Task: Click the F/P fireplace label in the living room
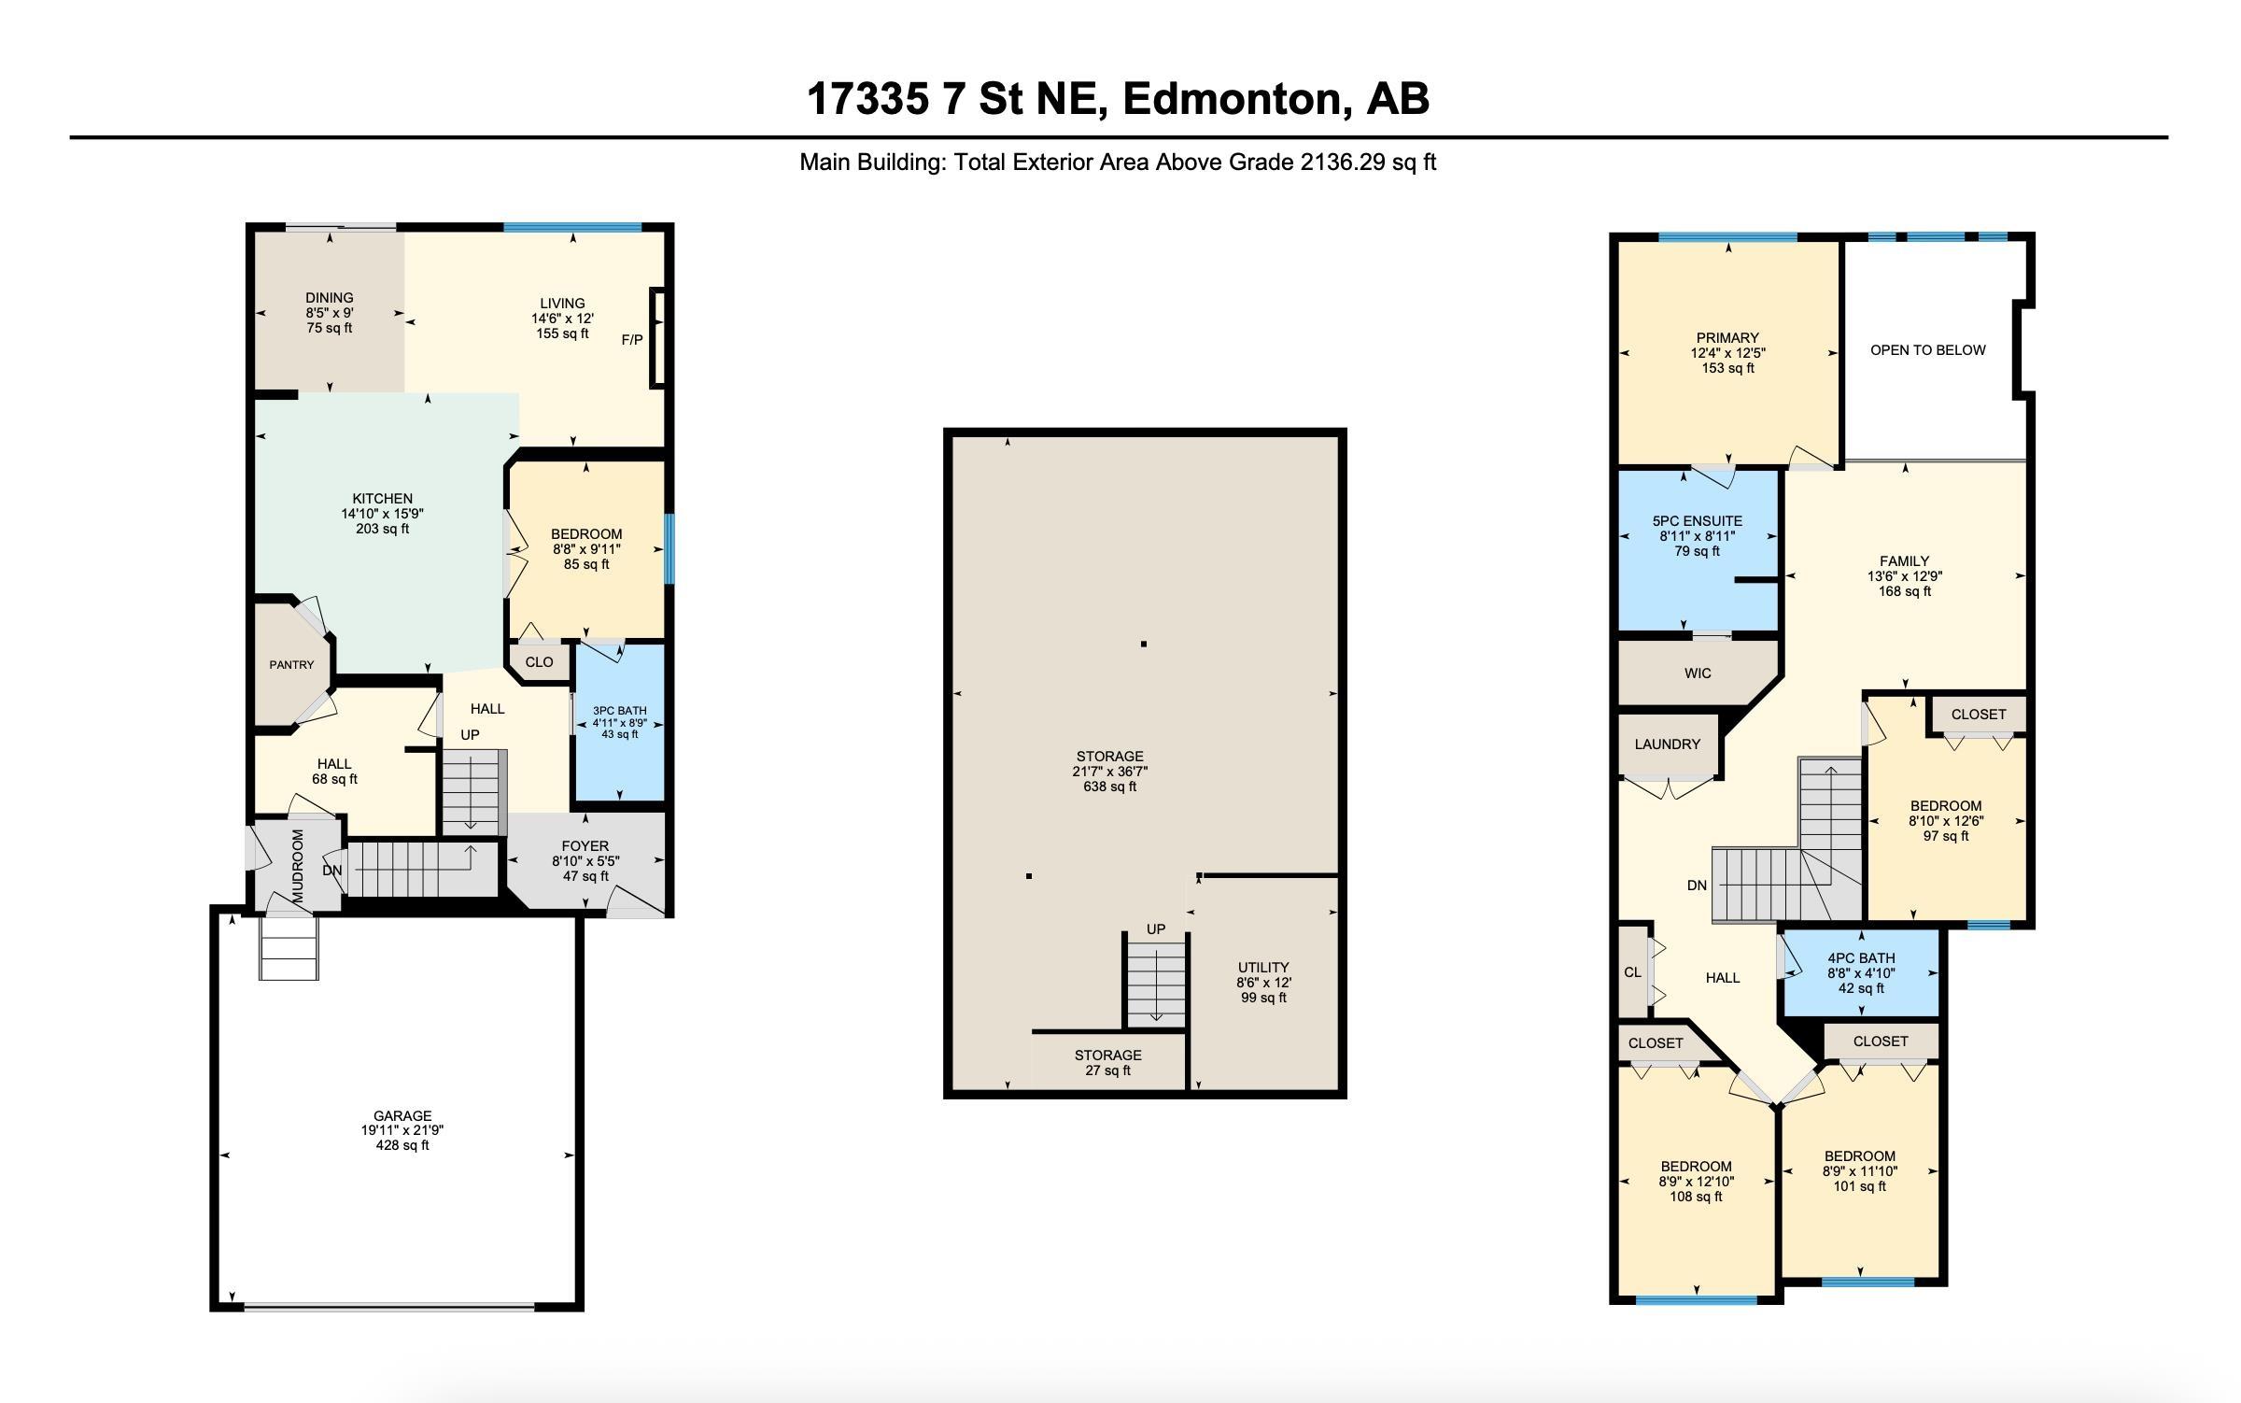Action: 632,340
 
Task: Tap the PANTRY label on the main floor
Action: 291,665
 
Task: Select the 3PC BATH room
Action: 619,722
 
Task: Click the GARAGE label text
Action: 402,1115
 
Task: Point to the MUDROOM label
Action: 298,866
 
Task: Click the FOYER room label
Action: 585,846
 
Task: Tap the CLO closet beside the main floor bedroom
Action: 539,662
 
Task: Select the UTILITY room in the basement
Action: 1263,982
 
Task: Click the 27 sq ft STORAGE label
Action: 1107,1062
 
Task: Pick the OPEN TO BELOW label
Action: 1927,350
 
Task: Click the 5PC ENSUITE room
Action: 1697,536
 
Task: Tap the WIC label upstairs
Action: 1697,673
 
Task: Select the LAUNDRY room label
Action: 1667,744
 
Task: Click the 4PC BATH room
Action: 1860,972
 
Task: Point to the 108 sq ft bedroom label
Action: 1696,1181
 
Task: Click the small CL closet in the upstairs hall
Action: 1632,972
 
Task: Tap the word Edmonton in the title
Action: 1236,99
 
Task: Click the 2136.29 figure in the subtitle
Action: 1343,163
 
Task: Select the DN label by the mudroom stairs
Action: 331,871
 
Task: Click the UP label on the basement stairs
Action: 1156,929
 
